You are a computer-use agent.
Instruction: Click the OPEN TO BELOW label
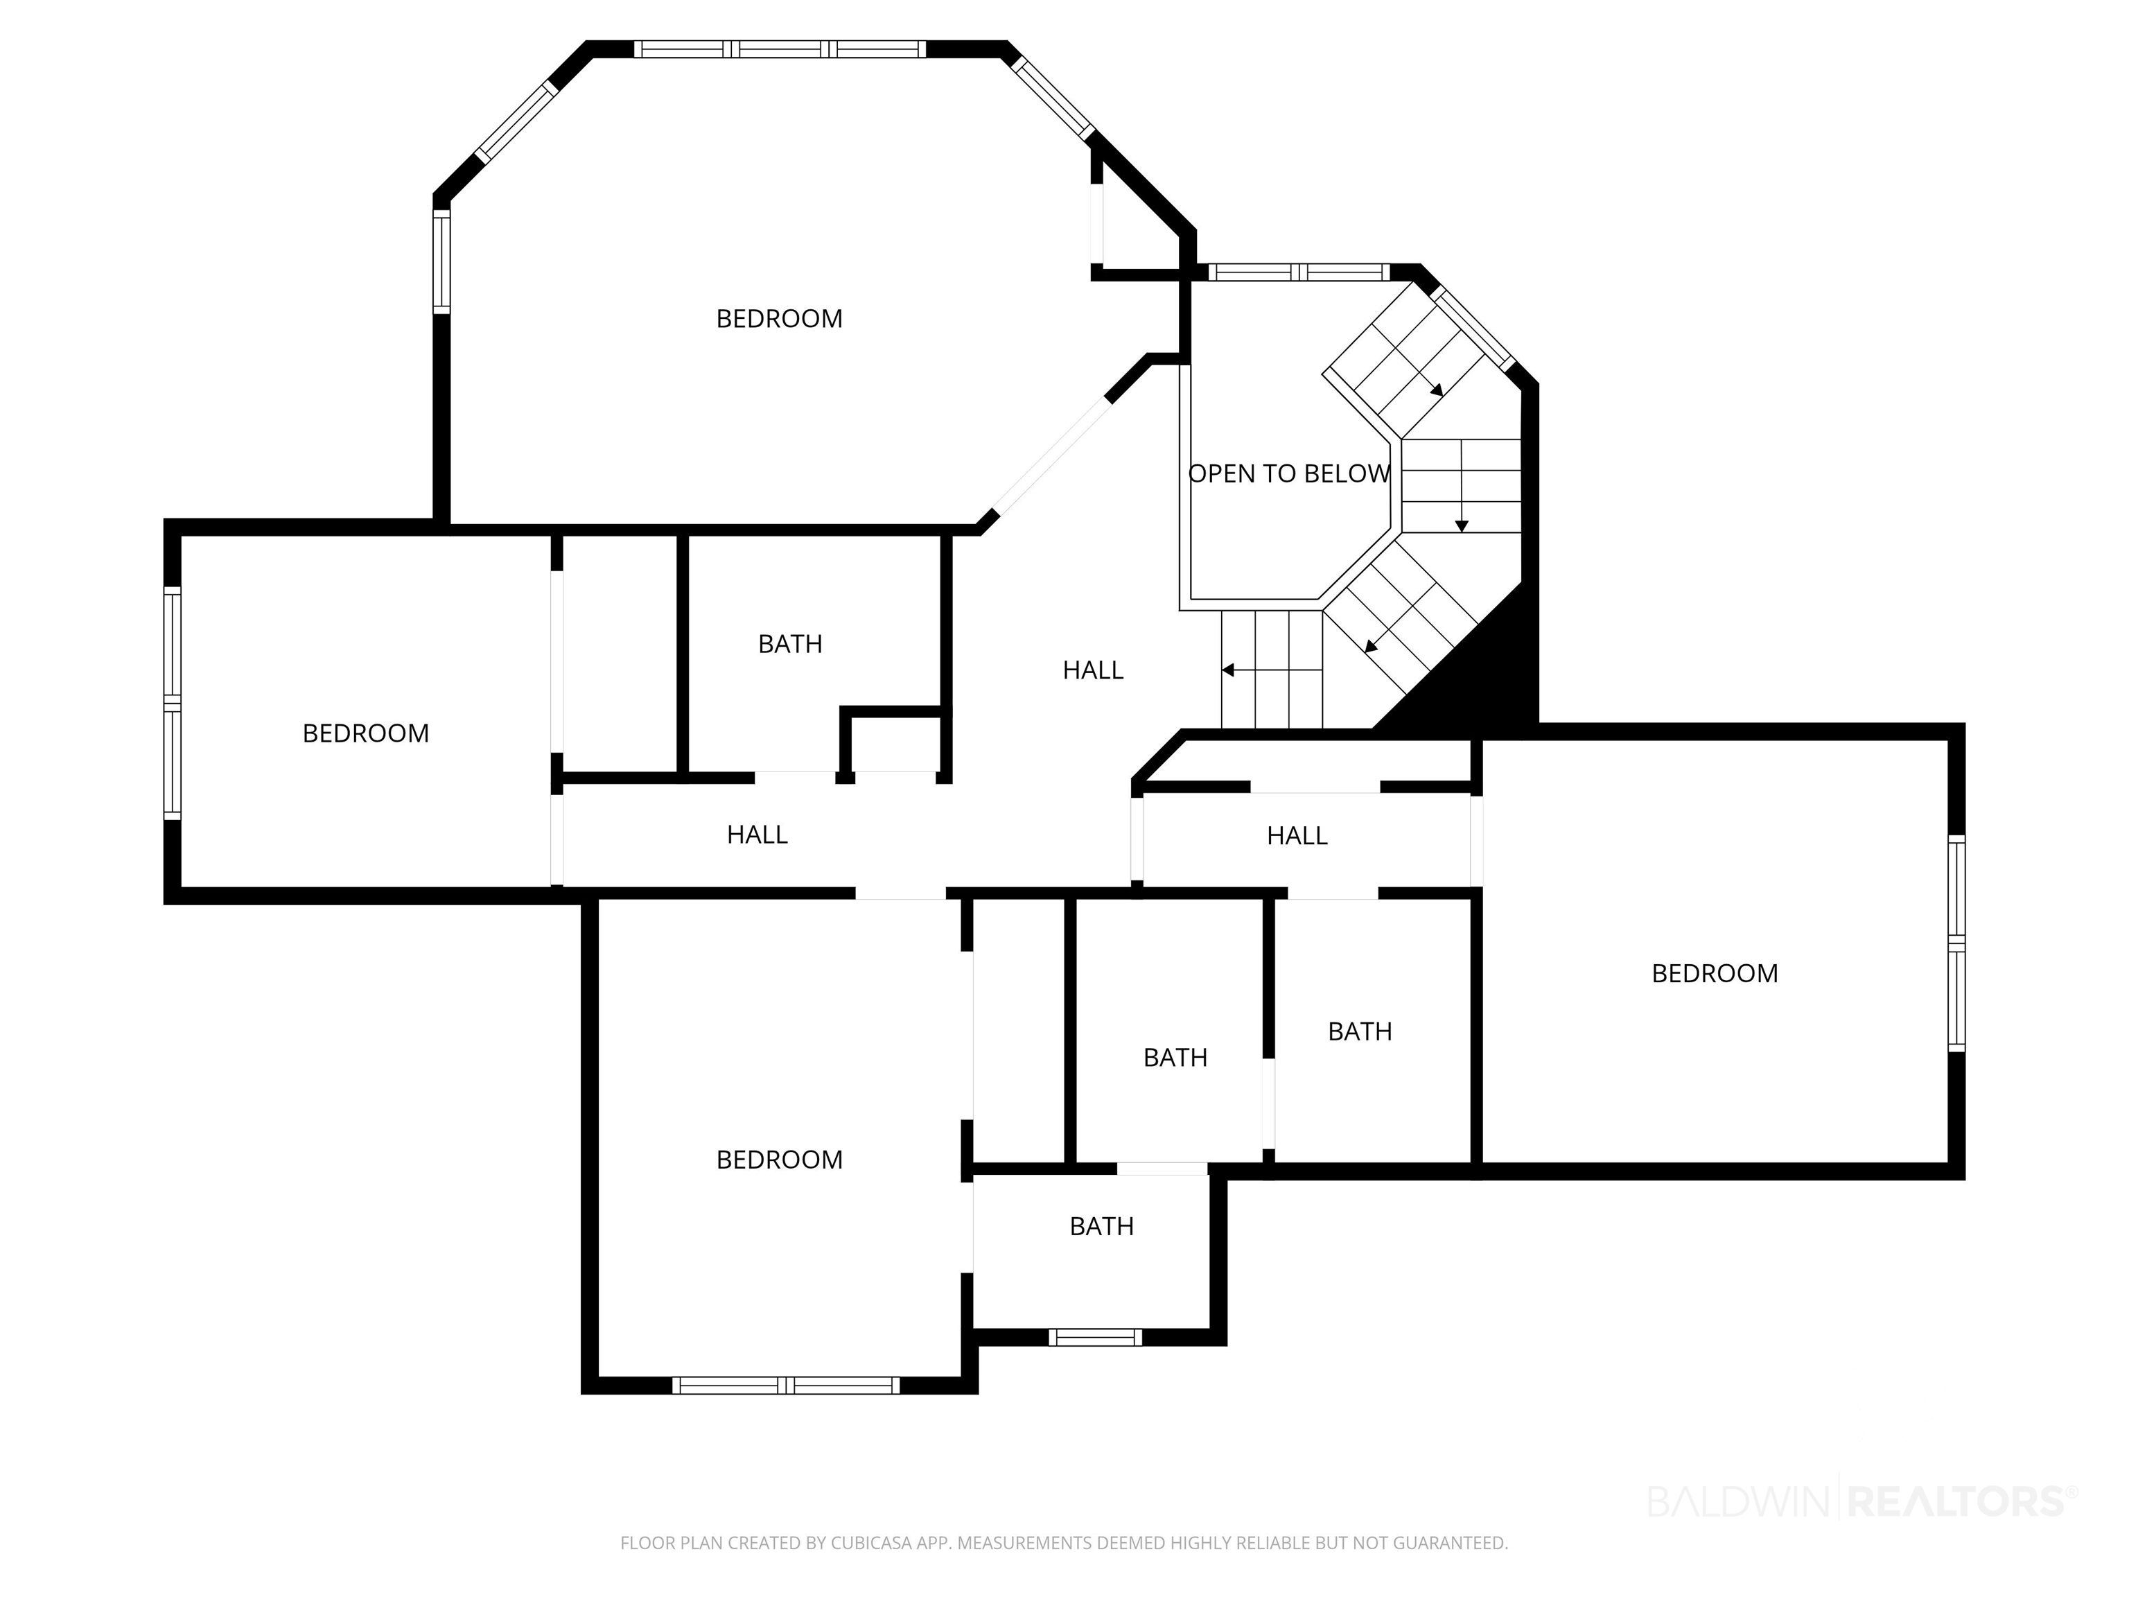(x=1289, y=473)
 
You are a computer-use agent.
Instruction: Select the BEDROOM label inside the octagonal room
(x=780, y=319)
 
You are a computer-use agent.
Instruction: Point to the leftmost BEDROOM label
(x=366, y=733)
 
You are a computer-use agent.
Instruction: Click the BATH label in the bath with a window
(x=1102, y=1226)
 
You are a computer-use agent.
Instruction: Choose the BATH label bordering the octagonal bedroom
(x=790, y=644)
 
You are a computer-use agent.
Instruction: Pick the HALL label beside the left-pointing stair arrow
(x=1094, y=670)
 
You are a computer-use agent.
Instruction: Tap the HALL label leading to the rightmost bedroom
(x=1297, y=835)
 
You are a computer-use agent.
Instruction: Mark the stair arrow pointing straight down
(x=1462, y=485)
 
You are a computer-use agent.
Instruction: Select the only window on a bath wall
(x=1095, y=1337)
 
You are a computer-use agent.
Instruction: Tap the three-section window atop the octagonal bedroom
(x=780, y=49)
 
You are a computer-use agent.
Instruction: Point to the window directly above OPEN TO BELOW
(x=1299, y=272)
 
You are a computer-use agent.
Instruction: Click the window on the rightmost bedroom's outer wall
(x=1956, y=943)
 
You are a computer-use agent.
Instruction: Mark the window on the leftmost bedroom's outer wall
(x=173, y=703)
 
